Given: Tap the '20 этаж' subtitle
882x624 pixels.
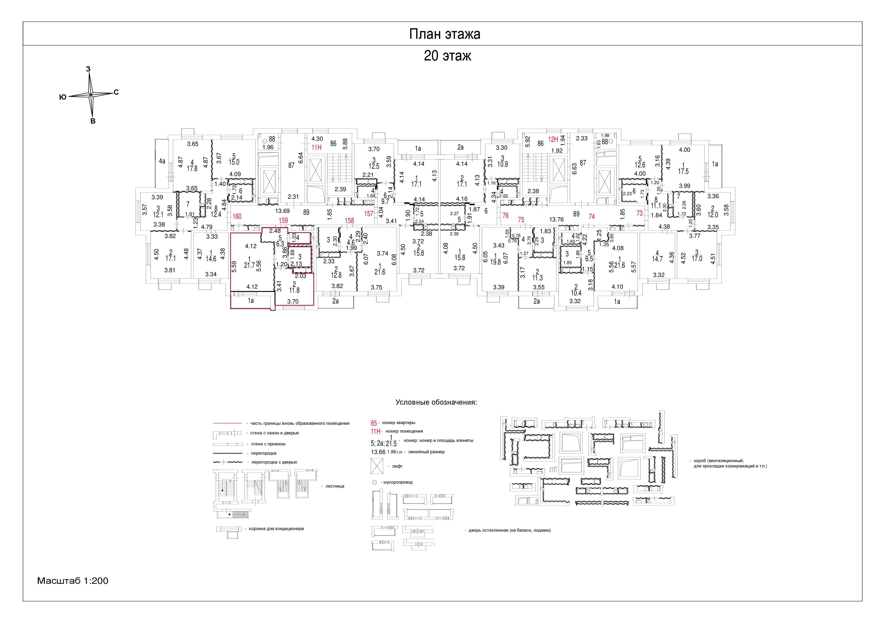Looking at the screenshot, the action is click(447, 56).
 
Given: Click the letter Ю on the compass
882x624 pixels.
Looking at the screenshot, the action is click(63, 98).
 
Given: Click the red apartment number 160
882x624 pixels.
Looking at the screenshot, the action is click(237, 216).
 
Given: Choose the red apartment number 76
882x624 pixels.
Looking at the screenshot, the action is click(506, 216).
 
